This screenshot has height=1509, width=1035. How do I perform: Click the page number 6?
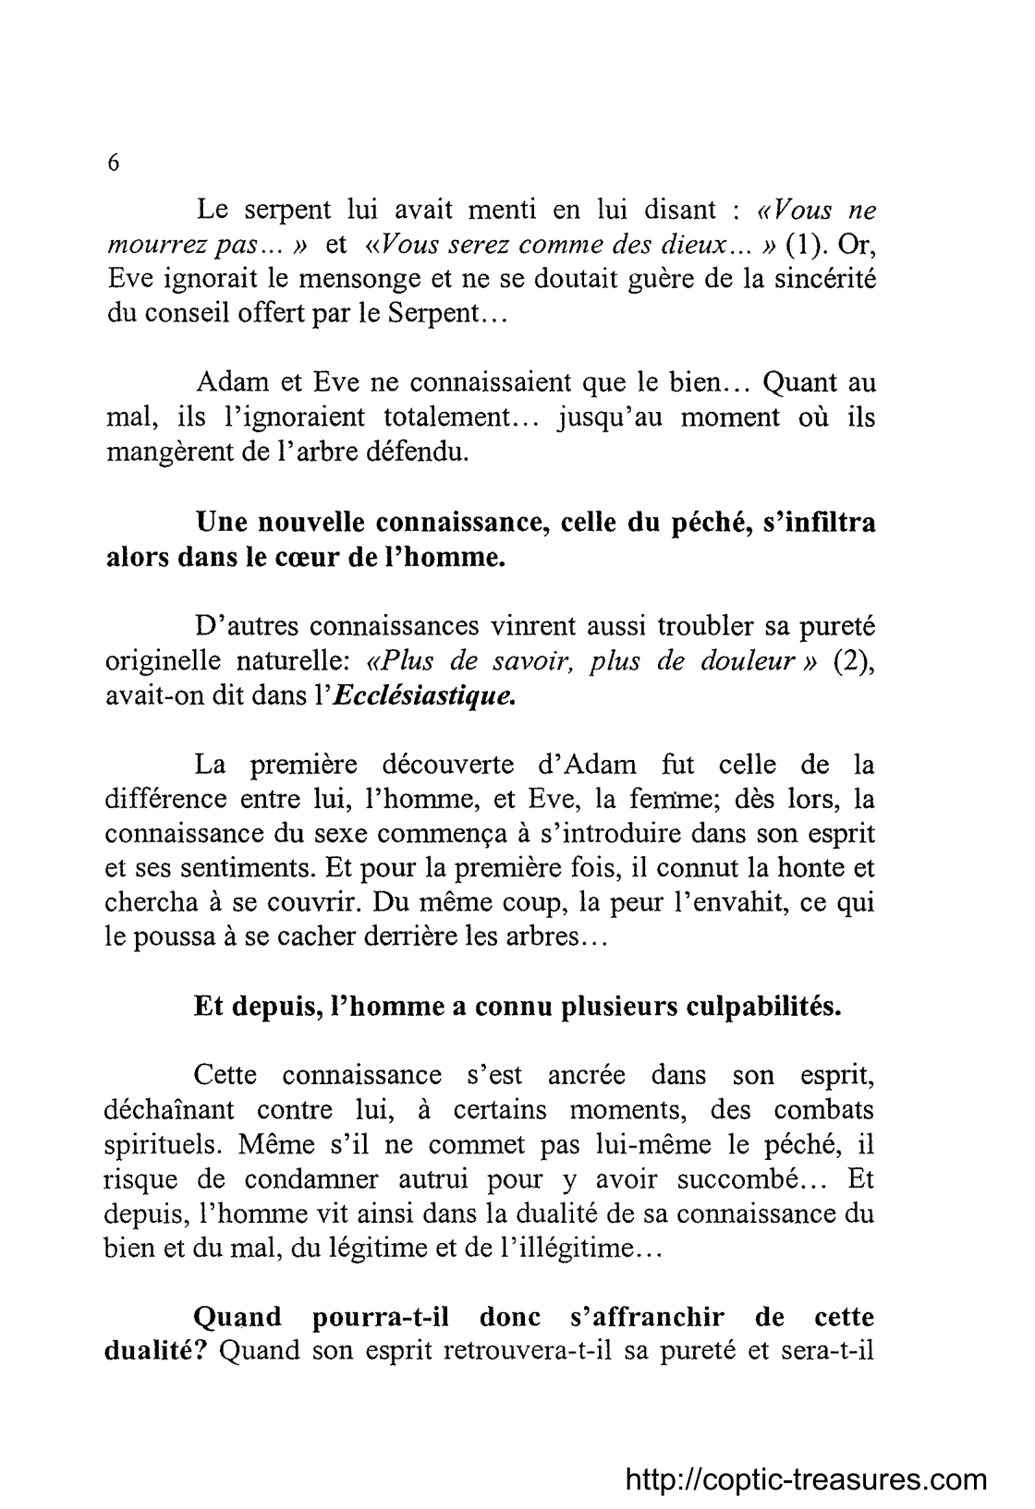pyautogui.click(x=113, y=163)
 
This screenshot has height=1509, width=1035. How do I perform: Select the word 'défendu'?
pyautogui.click(x=417, y=453)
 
